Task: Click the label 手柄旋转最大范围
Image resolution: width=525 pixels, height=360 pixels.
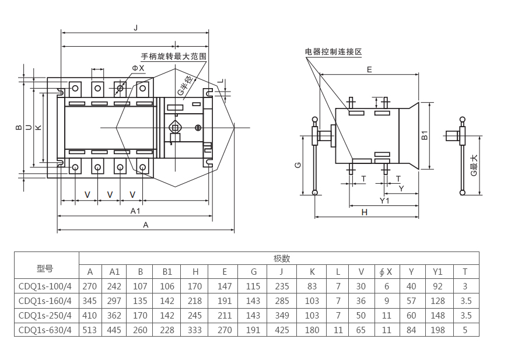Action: click(174, 57)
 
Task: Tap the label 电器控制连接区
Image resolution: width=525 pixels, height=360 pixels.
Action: click(333, 52)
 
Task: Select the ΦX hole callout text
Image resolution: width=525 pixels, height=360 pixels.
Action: click(138, 68)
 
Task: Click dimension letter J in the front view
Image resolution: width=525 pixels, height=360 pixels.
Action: click(135, 27)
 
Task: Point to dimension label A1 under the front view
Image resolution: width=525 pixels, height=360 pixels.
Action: click(135, 211)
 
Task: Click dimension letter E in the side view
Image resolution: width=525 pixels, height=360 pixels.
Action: click(369, 69)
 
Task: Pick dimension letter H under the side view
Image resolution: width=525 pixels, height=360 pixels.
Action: click(365, 212)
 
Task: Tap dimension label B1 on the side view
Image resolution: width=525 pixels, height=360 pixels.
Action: click(425, 135)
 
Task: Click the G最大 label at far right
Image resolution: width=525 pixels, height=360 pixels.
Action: click(474, 166)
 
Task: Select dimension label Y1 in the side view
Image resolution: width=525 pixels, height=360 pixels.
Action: click(384, 201)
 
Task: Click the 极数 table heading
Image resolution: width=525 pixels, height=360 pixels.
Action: click(282, 258)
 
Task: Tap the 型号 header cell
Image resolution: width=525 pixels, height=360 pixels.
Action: click(45, 268)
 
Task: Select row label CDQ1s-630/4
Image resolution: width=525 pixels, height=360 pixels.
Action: click(46, 330)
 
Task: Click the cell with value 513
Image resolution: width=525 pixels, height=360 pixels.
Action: click(90, 330)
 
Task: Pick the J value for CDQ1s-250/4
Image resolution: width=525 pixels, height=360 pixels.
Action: click(282, 315)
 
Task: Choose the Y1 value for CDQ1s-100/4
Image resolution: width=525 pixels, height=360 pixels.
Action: click(437, 286)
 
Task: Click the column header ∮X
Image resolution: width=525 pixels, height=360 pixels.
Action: click(386, 272)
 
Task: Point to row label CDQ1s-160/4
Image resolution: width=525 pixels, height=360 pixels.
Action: click(46, 301)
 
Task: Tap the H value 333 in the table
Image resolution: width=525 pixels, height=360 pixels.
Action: click(195, 330)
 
